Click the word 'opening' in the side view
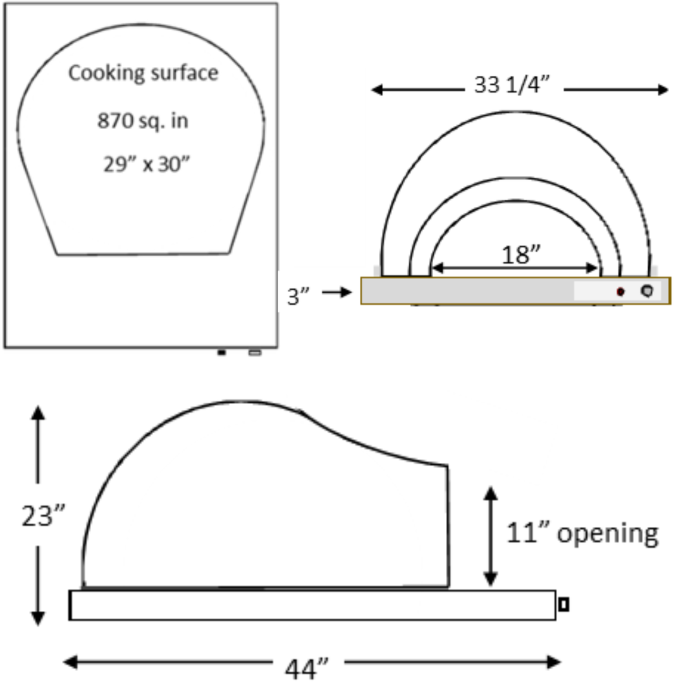pos(608,534)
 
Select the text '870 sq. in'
pos(142,121)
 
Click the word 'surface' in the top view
pos(185,73)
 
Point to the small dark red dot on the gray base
pos(620,292)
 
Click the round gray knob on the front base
pos(646,291)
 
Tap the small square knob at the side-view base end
pos(563,605)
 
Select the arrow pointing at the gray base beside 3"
pos(336,293)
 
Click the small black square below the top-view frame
pos(221,352)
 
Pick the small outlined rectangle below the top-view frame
pos(255,352)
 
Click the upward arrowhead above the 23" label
pos(38,413)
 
